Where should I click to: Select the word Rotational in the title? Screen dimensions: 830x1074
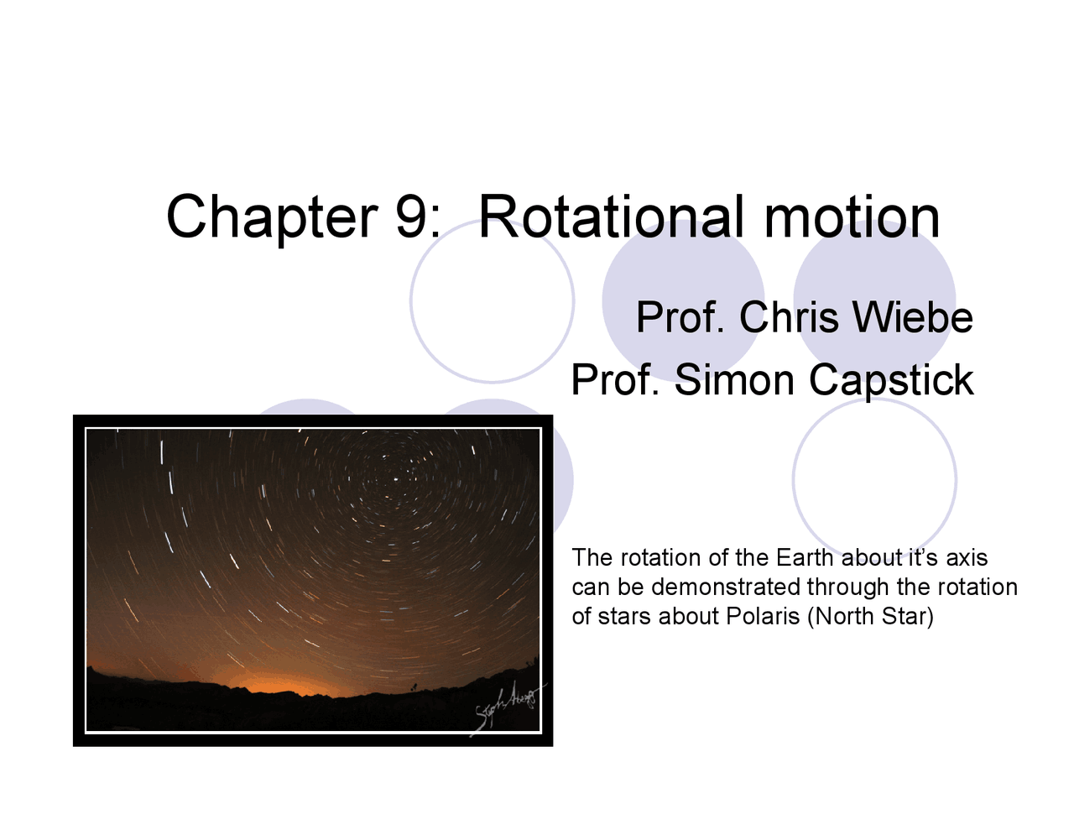(611, 217)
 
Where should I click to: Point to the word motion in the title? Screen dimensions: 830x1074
(852, 217)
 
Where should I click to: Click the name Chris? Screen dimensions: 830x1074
(789, 318)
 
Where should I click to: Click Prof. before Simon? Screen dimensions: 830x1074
(618, 380)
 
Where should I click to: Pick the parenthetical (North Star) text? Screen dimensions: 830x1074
(870, 617)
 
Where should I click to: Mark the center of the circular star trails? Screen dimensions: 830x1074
(394, 478)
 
